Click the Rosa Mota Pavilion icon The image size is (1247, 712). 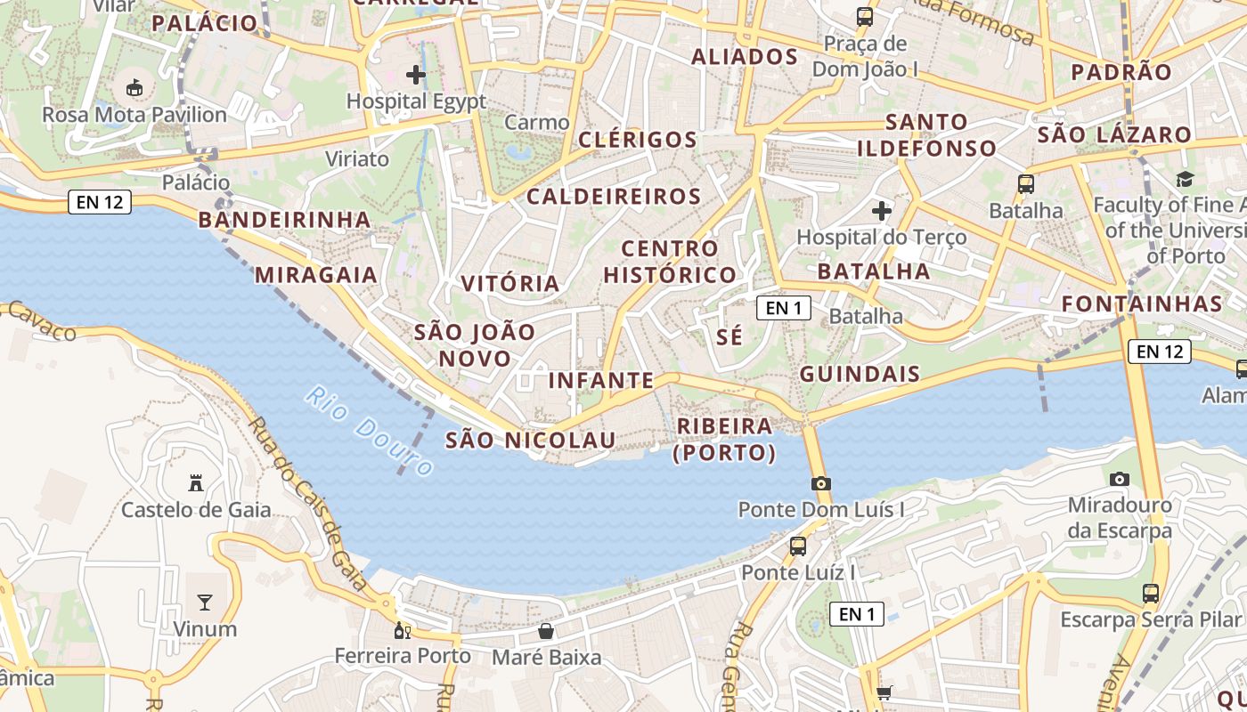(134, 87)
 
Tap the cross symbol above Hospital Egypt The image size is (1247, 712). (416, 74)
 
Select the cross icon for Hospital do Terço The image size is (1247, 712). (882, 211)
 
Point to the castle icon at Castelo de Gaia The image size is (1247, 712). (196, 483)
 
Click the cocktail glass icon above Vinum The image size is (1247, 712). (205, 603)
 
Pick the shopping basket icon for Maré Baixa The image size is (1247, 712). (546, 631)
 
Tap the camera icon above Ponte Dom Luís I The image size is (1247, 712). (821, 483)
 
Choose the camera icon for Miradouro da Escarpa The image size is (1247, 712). (1120, 479)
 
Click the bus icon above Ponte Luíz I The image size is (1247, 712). (798, 546)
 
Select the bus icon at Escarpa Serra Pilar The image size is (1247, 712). (1151, 593)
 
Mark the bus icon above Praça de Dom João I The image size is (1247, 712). (864, 16)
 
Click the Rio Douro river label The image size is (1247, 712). (369, 431)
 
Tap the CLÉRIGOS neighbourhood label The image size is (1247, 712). (638, 140)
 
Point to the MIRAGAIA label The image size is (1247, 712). (316, 275)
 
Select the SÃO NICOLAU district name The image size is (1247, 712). (531, 441)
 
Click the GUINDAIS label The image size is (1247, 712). (860, 374)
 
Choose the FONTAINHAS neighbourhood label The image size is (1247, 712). (1143, 303)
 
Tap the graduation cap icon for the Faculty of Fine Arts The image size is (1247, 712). (1185, 180)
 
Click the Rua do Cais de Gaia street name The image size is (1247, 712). (308, 504)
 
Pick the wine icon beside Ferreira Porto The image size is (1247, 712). (403, 631)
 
